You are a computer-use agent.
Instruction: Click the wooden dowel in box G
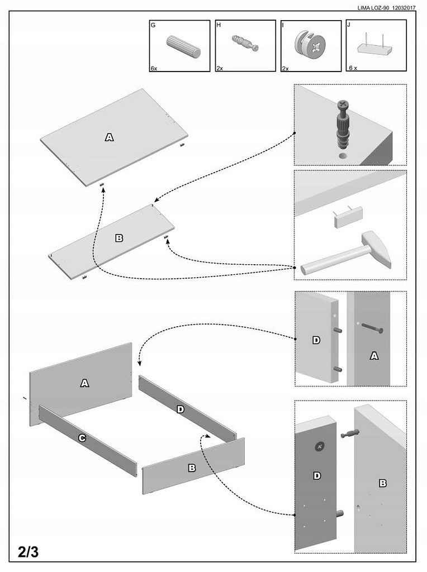(x=184, y=46)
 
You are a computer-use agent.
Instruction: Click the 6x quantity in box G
(x=154, y=68)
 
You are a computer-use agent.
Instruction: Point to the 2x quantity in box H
(x=220, y=68)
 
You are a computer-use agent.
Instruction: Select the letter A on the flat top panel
(x=109, y=137)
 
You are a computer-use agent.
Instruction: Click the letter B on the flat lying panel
(x=118, y=238)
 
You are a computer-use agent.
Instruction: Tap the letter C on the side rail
(x=82, y=438)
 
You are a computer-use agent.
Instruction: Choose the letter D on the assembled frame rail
(x=180, y=409)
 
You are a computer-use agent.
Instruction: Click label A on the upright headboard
(x=84, y=383)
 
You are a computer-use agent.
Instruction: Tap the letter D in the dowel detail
(x=316, y=340)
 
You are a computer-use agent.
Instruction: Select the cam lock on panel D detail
(x=320, y=446)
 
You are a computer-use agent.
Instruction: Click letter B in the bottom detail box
(x=383, y=483)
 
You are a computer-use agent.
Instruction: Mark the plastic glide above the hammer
(x=348, y=217)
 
